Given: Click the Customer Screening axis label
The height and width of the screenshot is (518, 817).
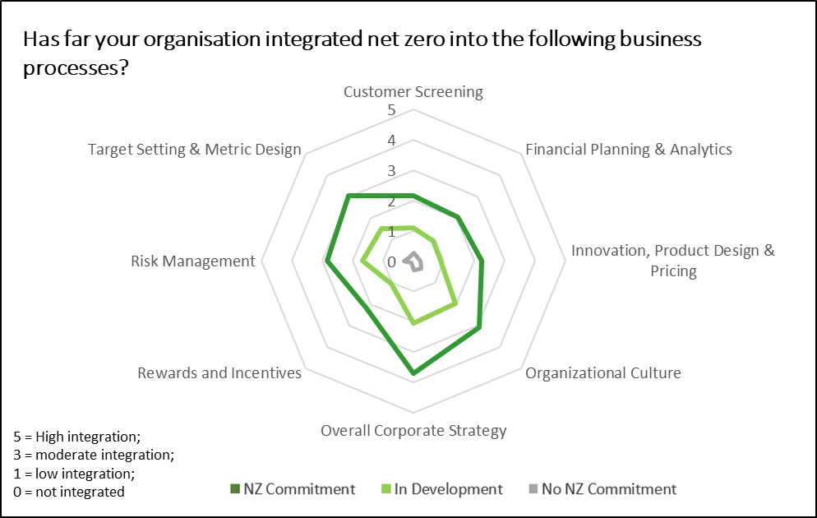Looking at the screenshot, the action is (x=413, y=92).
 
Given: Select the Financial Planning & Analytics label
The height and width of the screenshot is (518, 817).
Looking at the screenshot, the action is (x=629, y=150).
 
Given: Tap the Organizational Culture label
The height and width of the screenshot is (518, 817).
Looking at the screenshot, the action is (x=602, y=373).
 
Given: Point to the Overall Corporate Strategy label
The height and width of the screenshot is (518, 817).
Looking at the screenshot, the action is (x=413, y=431).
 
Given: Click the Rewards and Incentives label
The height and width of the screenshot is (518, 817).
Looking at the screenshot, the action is (x=219, y=373).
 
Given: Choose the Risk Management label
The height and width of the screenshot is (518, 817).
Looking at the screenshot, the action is (x=193, y=261).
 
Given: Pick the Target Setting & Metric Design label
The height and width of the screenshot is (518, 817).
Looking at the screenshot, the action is (x=194, y=150).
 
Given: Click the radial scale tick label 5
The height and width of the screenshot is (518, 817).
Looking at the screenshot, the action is (x=391, y=110).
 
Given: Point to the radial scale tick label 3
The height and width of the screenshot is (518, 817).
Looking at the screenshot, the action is (x=391, y=171).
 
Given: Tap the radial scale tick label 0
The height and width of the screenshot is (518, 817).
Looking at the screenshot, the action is (x=391, y=261).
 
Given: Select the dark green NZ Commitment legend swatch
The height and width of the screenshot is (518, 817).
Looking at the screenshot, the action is (x=235, y=489).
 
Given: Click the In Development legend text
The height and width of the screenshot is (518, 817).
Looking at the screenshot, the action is (x=448, y=489).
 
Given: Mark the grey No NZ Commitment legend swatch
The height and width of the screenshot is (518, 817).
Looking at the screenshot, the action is (x=533, y=489).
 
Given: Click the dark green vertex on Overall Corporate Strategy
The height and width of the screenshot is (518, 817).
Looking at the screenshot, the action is (x=413, y=373).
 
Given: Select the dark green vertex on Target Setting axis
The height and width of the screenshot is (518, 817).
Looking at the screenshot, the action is (x=348, y=196).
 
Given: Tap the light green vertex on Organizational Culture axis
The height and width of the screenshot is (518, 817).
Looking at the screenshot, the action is (x=456, y=303).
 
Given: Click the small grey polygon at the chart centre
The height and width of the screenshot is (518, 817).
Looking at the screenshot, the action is (x=414, y=261).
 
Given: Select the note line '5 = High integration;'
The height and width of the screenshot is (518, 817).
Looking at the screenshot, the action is (x=77, y=437).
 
